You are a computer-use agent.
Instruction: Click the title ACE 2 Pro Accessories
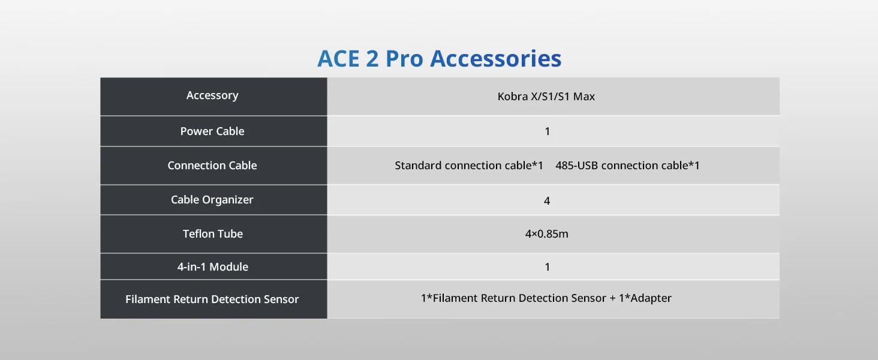439,59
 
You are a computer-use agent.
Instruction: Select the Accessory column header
212,95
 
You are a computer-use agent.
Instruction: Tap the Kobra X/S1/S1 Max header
546,97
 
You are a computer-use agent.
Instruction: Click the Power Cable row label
212,131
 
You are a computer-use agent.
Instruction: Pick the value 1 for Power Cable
547,131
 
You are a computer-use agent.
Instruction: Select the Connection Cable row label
212,166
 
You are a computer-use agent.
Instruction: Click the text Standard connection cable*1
469,166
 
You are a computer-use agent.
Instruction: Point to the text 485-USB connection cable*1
627,166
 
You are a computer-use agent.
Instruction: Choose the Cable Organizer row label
212,200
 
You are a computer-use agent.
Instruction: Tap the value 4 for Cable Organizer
547,201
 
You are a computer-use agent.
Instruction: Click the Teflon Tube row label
213,234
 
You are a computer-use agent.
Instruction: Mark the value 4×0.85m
547,234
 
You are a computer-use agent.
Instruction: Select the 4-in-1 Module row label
213,266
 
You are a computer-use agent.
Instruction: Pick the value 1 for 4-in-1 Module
547,267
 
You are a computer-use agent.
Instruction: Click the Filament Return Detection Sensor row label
212,299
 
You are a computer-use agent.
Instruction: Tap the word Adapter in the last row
651,298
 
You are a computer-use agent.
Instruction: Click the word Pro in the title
404,59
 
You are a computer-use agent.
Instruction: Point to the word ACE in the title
338,59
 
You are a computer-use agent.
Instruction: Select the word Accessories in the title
496,59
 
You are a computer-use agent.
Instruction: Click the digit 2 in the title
372,59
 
